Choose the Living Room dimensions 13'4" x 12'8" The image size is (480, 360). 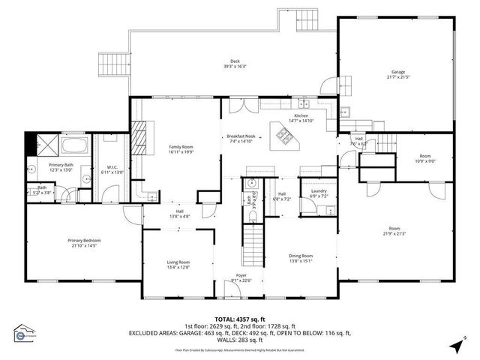[x=178, y=266]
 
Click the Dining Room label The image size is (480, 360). [x=301, y=256]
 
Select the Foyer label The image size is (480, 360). [x=242, y=275]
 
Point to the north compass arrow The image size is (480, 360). [x=454, y=346]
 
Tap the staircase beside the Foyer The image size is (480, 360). [x=253, y=243]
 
